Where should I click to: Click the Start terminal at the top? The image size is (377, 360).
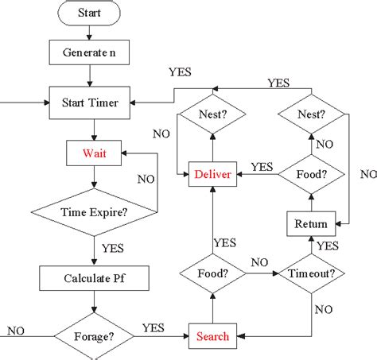pyautogui.click(x=89, y=14)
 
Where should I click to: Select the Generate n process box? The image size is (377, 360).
pyautogui.click(x=89, y=53)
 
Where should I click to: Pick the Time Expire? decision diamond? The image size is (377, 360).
pyautogui.click(x=95, y=212)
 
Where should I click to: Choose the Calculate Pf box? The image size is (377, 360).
pyautogui.click(x=95, y=278)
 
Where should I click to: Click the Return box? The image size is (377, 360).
pyautogui.click(x=310, y=223)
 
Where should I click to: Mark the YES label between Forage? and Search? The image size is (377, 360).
pyautogui.click(x=154, y=327)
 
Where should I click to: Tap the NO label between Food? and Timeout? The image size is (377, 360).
pyautogui.click(x=259, y=262)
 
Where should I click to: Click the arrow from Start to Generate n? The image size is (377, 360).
pyautogui.click(x=89, y=33)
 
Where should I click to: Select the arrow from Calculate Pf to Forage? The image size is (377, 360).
pyautogui.click(x=95, y=304)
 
